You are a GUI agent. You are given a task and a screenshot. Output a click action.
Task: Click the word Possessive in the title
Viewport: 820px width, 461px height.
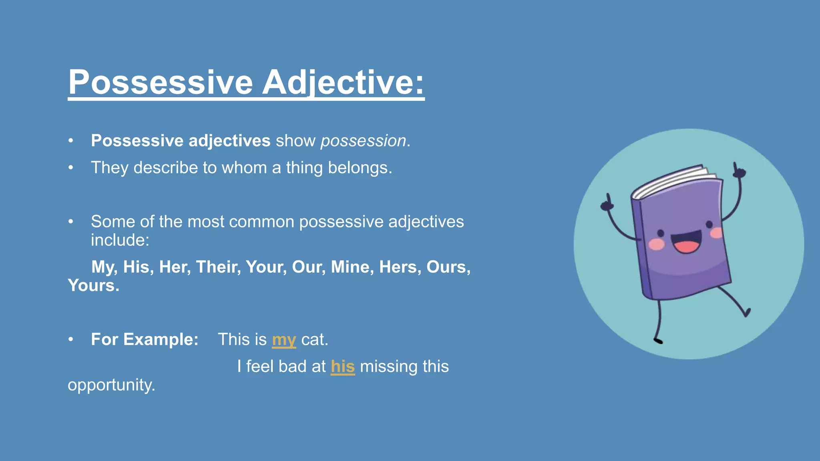click(x=160, y=82)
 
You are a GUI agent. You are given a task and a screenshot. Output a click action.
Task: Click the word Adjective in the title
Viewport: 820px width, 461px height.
click(x=342, y=82)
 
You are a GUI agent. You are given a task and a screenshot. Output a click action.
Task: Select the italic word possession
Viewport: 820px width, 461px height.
click(x=363, y=141)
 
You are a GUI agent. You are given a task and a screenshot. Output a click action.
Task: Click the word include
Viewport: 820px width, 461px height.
click(x=120, y=240)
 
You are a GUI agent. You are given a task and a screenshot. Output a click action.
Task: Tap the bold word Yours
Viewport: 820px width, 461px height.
click(x=93, y=286)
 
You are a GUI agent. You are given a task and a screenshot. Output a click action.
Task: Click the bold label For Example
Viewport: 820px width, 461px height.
click(x=145, y=339)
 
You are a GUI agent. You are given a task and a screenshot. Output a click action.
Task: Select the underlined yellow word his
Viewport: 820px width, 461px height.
click(x=343, y=367)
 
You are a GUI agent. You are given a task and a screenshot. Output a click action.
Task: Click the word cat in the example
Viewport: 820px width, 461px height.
click(x=314, y=339)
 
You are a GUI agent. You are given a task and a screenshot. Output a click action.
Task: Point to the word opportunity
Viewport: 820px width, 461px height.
click(x=111, y=385)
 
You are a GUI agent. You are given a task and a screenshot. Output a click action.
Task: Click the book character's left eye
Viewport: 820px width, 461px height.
click(x=661, y=233)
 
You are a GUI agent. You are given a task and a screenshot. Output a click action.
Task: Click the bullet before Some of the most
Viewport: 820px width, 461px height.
click(x=71, y=222)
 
